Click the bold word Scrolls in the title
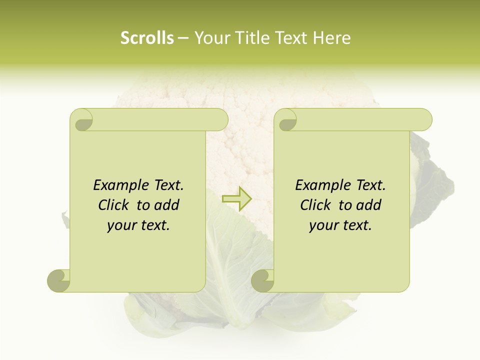point(147,38)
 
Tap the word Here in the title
point(331,38)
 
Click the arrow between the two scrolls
point(237,199)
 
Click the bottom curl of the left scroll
point(59,280)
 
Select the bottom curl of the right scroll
point(263,280)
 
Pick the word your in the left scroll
point(121,225)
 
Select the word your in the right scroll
point(323,225)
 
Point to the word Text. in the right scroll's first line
point(370,185)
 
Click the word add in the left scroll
point(167,205)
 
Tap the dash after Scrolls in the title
point(183,38)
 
